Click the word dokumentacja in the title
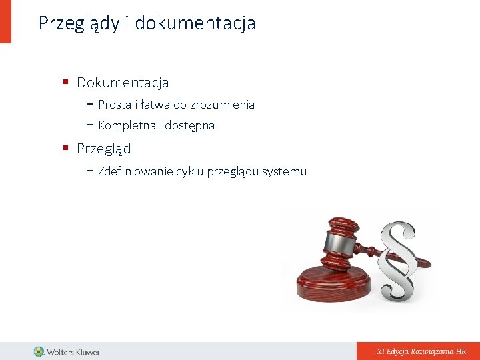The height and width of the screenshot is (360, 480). coord(195,23)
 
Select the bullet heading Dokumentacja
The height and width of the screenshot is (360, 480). coord(123,83)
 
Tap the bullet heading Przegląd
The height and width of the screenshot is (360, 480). coord(103,149)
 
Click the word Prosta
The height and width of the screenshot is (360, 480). coord(115,105)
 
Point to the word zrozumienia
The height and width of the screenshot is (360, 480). coord(222,105)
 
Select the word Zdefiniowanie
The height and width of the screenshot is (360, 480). coord(135,171)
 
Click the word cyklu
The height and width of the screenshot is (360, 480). coord(190,171)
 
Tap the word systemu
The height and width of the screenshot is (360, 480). coord(284,171)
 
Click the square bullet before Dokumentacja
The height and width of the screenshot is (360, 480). coord(66,83)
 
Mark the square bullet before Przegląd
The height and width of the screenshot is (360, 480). coord(66,148)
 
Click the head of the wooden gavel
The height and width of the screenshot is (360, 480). coord(342,240)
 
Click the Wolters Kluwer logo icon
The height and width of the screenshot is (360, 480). coord(39,351)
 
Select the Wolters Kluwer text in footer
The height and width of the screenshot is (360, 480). coord(73,351)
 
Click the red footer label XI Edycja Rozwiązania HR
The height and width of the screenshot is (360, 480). coord(421,351)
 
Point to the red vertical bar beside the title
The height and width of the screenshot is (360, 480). coord(5,21)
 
